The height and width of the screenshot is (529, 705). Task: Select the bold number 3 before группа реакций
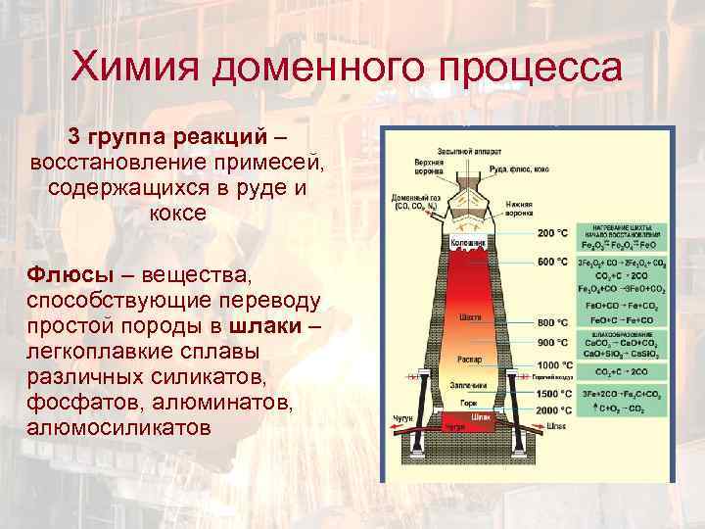(x=72, y=134)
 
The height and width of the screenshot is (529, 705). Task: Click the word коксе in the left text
(x=178, y=213)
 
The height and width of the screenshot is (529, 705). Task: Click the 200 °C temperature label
(x=553, y=233)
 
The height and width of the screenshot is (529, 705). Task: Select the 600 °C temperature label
(x=553, y=263)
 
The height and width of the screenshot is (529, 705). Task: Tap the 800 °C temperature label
(x=553, y=322)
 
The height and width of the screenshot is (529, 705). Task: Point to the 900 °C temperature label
(x=553, y=342)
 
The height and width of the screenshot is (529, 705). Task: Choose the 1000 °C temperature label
(x=554, y=365)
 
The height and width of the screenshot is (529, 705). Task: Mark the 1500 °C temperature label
(x=554, y=393)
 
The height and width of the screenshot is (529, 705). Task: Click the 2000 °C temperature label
(x=554, y=409)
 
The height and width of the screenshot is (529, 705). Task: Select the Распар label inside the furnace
(x=471, y=357)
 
